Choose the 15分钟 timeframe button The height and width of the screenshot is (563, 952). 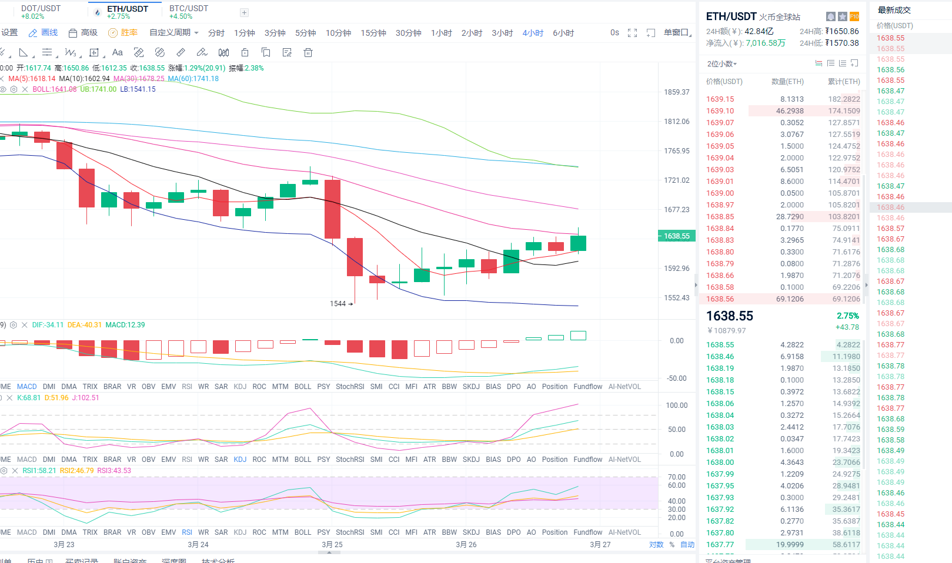point(373,33)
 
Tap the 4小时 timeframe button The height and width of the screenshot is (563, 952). point(533,33)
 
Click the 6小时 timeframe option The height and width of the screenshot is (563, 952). point(563,33)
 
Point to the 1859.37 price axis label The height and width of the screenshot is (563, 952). point(677,92)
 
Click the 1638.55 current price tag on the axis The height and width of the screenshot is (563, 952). point(676,236)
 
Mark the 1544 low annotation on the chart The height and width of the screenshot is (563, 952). point(338,304)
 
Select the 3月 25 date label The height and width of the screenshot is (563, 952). point(332,545)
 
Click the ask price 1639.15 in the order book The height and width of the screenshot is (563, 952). point(720,99)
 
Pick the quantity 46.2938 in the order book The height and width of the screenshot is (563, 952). point(789,111)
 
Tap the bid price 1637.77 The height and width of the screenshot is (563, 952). point(720,545)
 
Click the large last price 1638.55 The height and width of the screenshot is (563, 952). point(730,316)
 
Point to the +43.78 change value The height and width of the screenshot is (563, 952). point(847,327)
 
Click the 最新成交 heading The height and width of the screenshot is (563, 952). point(894,10)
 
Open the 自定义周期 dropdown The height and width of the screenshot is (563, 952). point(173,33)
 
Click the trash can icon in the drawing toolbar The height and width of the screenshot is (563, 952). point(308,53)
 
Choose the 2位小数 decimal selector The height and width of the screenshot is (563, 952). point(721,64)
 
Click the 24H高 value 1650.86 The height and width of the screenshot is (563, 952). point(842,31)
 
